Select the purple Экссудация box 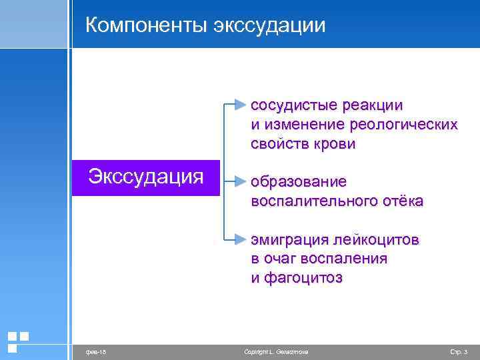pos(146,177)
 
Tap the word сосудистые pos(290,106)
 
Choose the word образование pos(298,182)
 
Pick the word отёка pos(401,201)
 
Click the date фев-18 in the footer pos(93,351)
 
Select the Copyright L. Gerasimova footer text pos(276,351)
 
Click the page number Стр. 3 pos(459,351)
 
